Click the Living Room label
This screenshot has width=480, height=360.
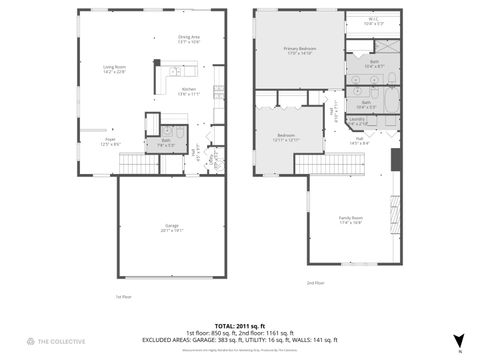click(115, 69)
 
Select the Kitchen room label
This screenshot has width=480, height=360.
click(187, 91)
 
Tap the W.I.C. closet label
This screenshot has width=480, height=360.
click(372, 20)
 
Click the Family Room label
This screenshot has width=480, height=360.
click(351, 222)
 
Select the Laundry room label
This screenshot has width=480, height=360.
click(357, 121)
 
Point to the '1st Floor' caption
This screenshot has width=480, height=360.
click(124, 297)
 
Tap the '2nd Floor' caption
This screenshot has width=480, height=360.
click(315, 283)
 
